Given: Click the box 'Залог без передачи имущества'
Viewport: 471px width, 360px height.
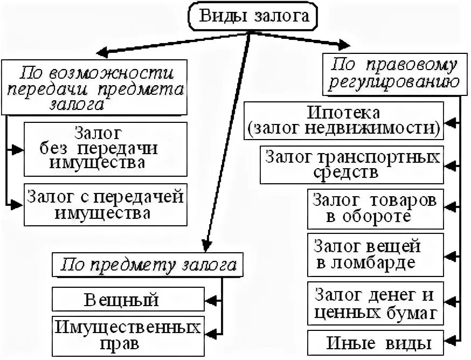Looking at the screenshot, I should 106,148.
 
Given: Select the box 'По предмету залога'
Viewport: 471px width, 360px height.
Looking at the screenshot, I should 148,265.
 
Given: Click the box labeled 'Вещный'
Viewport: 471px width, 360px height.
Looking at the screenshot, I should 129,299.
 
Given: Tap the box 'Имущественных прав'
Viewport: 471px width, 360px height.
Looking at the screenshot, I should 129,334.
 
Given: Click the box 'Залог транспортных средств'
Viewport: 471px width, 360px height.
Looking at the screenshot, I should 351,164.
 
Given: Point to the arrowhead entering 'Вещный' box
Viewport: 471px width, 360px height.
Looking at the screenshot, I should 211,299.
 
